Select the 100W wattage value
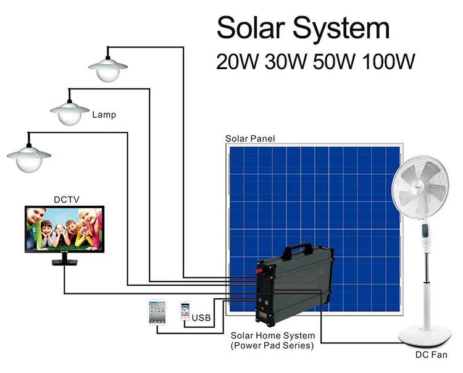click(x=386, y=62)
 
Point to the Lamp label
click(x=104, y=115)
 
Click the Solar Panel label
click(x=250, y=138)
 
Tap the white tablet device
click(x=156, y=312)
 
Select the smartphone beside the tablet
click(x=185, y=310)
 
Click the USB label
click(x=202, y=318)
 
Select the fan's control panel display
click(x=425, y=234)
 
